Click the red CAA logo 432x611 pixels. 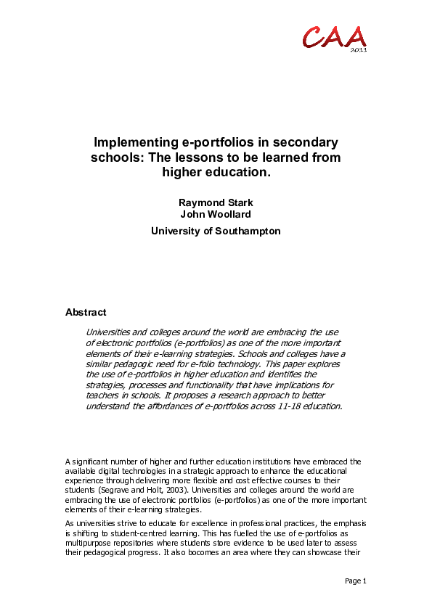click(335, 36)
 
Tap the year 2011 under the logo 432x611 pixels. click(358, 50)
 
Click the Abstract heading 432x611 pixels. click(86, 312)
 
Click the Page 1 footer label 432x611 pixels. click(354, 581)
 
